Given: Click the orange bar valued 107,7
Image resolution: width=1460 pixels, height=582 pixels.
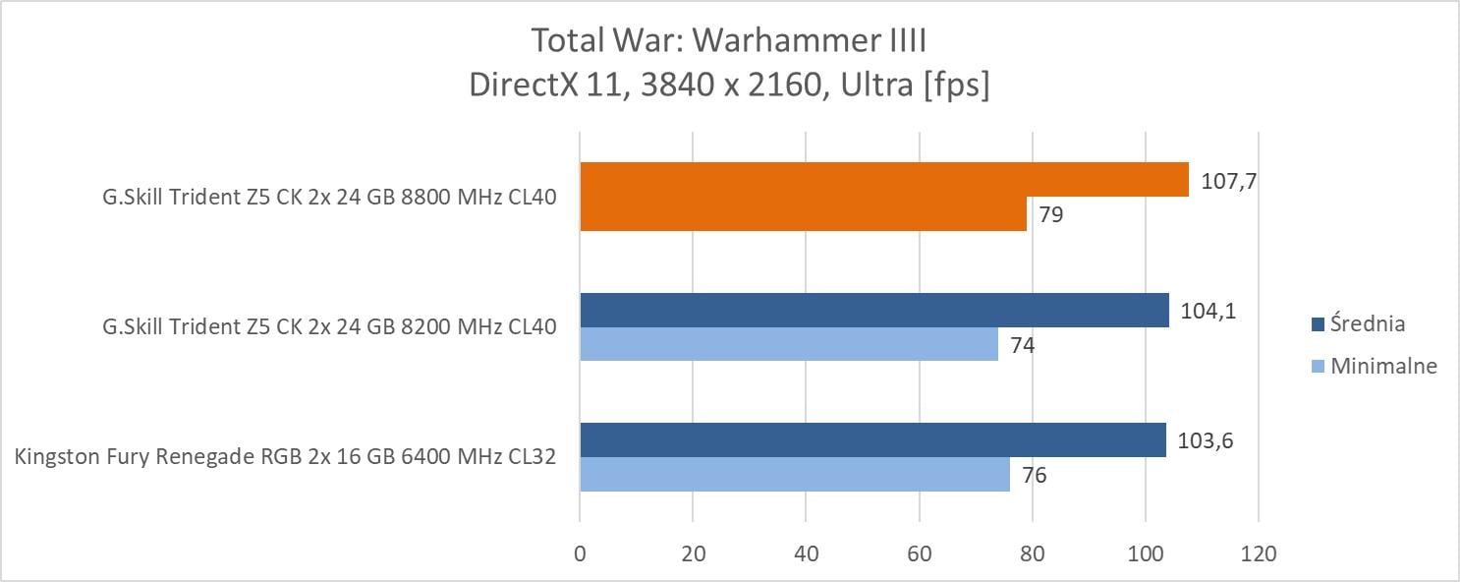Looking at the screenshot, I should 884,180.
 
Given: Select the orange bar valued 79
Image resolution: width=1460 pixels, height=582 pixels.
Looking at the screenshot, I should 803,214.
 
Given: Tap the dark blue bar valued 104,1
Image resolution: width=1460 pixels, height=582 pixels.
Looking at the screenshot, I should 874,310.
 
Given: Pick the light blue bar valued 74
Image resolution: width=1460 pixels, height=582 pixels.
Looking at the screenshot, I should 789,345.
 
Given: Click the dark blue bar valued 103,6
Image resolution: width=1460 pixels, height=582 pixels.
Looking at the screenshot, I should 872,440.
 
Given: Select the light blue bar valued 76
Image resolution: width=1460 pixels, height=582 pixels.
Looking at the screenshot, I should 795,475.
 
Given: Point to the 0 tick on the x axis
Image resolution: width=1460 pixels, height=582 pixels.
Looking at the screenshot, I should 581,554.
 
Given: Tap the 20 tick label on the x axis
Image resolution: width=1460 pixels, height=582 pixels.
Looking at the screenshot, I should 693,554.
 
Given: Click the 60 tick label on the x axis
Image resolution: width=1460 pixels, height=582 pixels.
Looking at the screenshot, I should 919,554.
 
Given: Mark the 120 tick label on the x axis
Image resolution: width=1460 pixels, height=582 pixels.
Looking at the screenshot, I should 1258,554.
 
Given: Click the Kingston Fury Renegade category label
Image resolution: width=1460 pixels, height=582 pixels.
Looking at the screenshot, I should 286,457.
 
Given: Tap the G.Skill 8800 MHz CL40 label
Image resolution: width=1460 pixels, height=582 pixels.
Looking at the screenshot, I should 329,197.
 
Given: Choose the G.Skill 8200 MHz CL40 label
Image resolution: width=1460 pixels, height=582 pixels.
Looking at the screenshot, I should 329,327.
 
